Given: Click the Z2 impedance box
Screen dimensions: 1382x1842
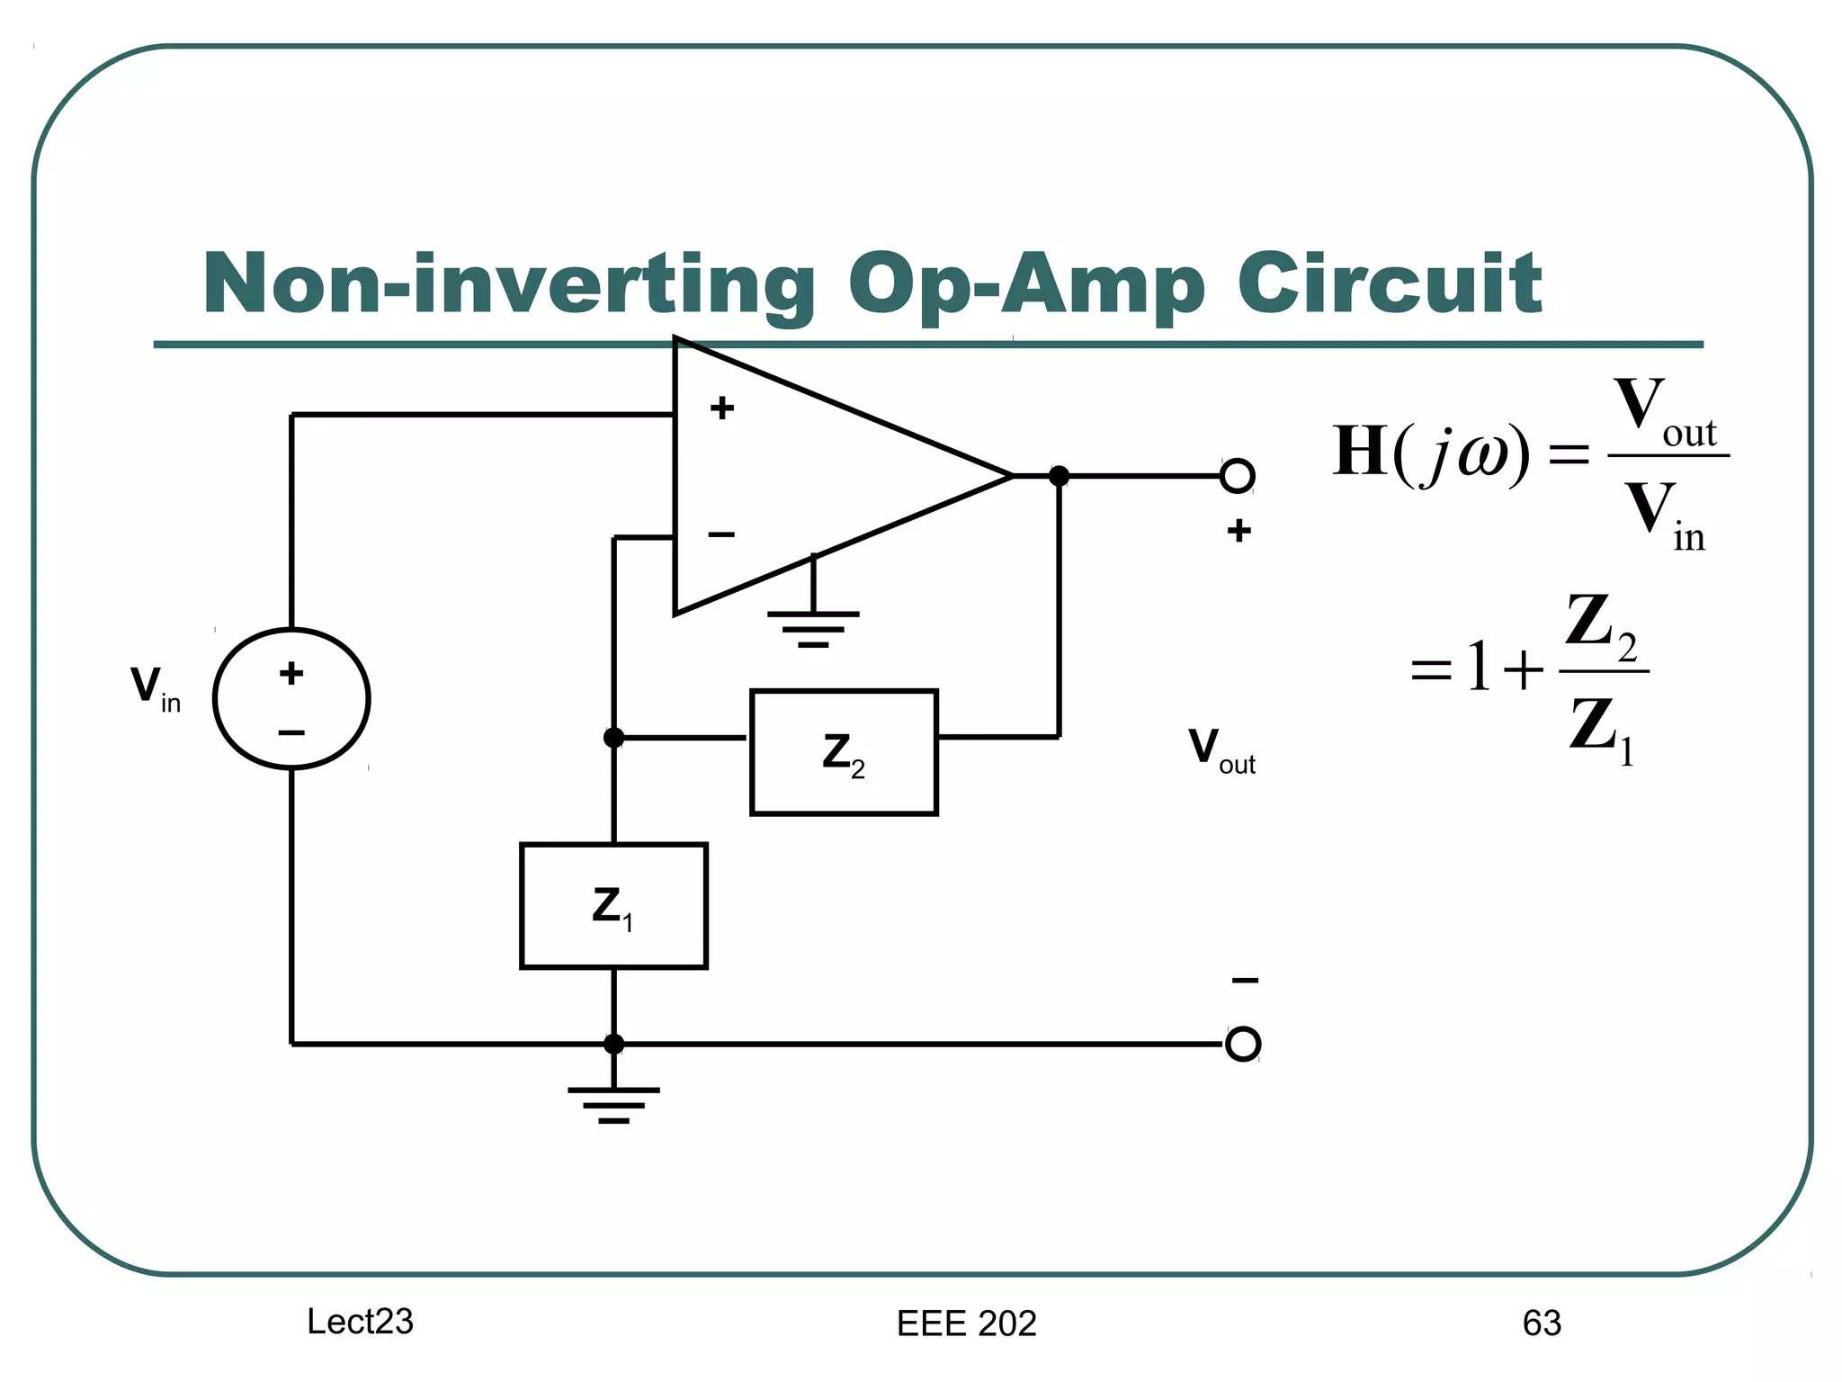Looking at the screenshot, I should point(844,752).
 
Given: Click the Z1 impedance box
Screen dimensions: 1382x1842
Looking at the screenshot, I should point(613,905).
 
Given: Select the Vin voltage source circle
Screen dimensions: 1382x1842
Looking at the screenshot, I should point(291,698).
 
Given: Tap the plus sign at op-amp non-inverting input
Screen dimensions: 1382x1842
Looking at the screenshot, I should point(722,408).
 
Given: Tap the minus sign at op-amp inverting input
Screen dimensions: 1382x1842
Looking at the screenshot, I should point(721,535).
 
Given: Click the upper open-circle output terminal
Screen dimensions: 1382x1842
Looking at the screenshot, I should point(1238,475).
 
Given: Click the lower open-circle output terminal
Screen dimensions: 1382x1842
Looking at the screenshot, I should point(1243,1044).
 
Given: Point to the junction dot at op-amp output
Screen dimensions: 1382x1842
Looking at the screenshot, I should point(1060,476).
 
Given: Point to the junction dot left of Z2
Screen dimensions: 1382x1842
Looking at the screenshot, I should point(613,738).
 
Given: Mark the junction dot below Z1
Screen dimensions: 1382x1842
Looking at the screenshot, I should point(613,1044).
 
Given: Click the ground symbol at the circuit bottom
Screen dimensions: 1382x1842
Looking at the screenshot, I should point(613,1104).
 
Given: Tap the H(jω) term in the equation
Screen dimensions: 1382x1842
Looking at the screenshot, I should point(1430,453).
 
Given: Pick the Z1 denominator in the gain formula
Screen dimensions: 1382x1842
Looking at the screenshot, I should point(1601,727).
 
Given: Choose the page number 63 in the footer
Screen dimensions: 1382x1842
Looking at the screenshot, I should point(1542,1323).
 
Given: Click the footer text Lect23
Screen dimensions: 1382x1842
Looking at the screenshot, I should point(360,1321).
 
